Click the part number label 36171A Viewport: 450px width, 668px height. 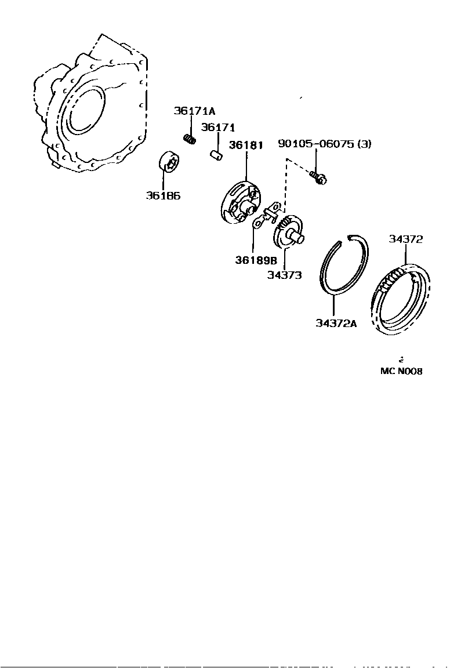(194, 111)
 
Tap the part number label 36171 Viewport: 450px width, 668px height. (218, 128)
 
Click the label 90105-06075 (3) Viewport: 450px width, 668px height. (324, 144)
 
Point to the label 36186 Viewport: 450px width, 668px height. (163, 195)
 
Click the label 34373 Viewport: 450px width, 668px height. (284, 275)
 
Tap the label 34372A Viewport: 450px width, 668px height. (336, 324)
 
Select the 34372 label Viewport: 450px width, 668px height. (406, 239)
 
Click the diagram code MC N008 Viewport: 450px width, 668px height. (401, 371)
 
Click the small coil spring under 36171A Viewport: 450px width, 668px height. (189, 139)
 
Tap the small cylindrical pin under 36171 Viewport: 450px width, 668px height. (216, 156)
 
